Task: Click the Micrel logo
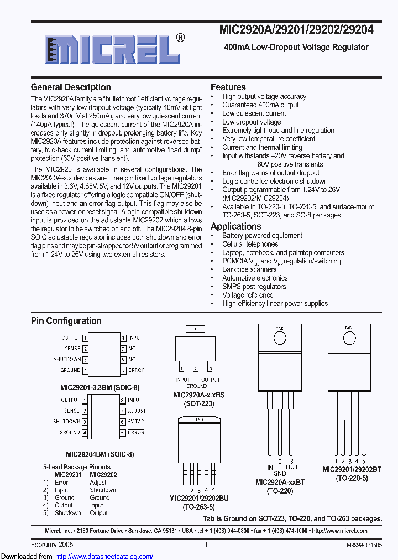click(108, 51)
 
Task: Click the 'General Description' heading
click(71, 87)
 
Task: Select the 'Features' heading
click(228, 87)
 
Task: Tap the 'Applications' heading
click(235, 226)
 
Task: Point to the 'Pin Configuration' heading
click(66, 321)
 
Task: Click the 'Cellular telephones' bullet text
click(250, 244)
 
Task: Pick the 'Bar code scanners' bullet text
click(249, 269)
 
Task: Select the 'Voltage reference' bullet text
click(248, 295)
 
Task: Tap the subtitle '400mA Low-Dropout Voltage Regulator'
click(296, 48)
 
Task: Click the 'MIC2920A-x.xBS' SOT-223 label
click(199, 395)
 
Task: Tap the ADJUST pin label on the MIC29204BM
click(137, 411)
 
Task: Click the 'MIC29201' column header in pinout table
click(68, 475)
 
